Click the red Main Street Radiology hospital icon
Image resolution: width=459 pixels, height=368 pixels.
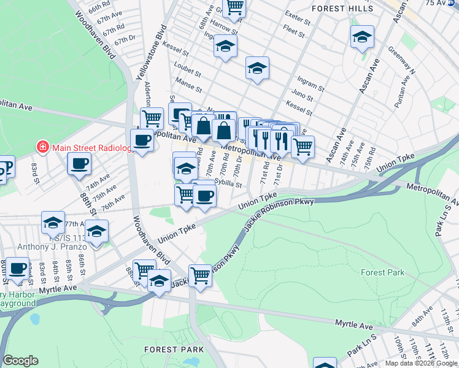42,147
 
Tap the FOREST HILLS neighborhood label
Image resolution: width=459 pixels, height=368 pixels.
342,9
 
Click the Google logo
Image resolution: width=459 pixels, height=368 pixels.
21,361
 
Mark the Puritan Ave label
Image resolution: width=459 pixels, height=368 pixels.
404,87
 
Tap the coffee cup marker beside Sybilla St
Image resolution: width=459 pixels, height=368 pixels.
204,196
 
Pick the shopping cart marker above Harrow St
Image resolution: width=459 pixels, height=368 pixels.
234,6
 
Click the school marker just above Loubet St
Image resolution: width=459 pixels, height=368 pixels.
225,47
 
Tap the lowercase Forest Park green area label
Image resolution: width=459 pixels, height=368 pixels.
382,272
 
